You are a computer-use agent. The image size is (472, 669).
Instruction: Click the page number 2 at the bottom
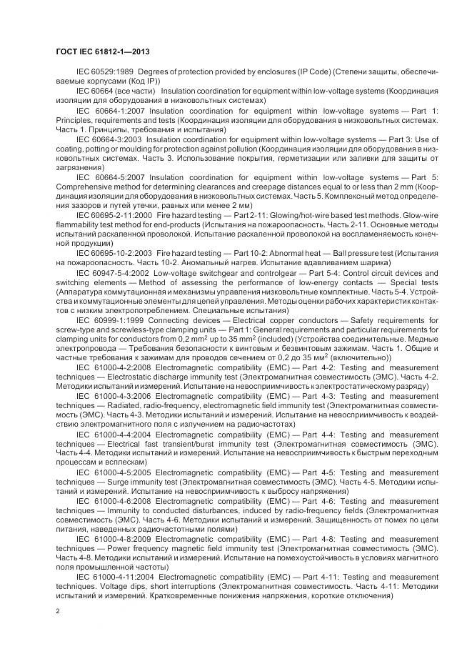[58, 612]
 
